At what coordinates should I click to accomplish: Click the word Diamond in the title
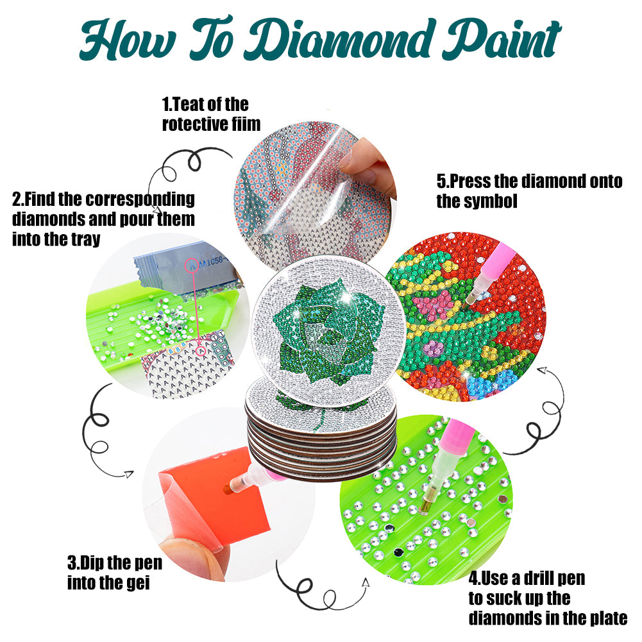pos(340,40)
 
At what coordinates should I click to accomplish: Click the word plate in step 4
pos(609,618)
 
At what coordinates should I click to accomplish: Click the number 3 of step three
pos(72,563)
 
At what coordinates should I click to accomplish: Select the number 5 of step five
pos(441,181)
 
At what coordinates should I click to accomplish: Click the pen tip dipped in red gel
pos(226,489)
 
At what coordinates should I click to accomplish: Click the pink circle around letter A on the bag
pos(192,266)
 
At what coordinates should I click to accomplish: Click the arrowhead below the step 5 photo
pos(543,371)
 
